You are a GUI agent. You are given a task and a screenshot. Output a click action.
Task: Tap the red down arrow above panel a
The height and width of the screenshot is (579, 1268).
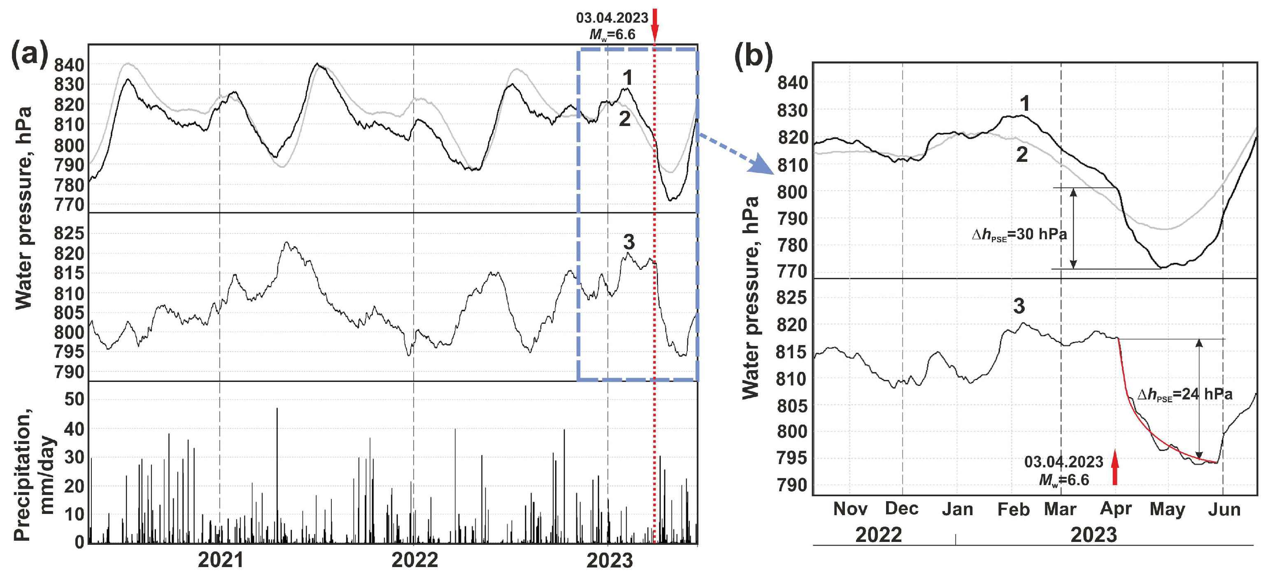655,25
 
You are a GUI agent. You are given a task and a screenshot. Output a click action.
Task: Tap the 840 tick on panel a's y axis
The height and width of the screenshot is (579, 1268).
69,65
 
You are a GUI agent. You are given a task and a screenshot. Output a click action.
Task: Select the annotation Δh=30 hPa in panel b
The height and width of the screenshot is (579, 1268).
1019,234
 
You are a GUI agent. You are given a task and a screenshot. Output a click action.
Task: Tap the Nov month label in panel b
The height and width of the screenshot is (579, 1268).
850,509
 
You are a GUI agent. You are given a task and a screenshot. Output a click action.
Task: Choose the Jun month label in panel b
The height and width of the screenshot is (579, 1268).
1224,509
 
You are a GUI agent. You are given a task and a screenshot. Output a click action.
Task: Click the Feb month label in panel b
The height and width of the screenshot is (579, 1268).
1013,509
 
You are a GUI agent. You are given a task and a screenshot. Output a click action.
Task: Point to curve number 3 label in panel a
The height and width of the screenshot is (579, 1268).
628,242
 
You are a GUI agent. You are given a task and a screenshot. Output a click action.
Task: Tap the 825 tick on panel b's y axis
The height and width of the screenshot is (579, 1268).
792,298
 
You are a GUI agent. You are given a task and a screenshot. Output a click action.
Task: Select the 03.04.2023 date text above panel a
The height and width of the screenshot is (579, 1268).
612,18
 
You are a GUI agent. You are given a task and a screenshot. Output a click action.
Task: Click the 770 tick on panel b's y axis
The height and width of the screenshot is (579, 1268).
792,271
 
